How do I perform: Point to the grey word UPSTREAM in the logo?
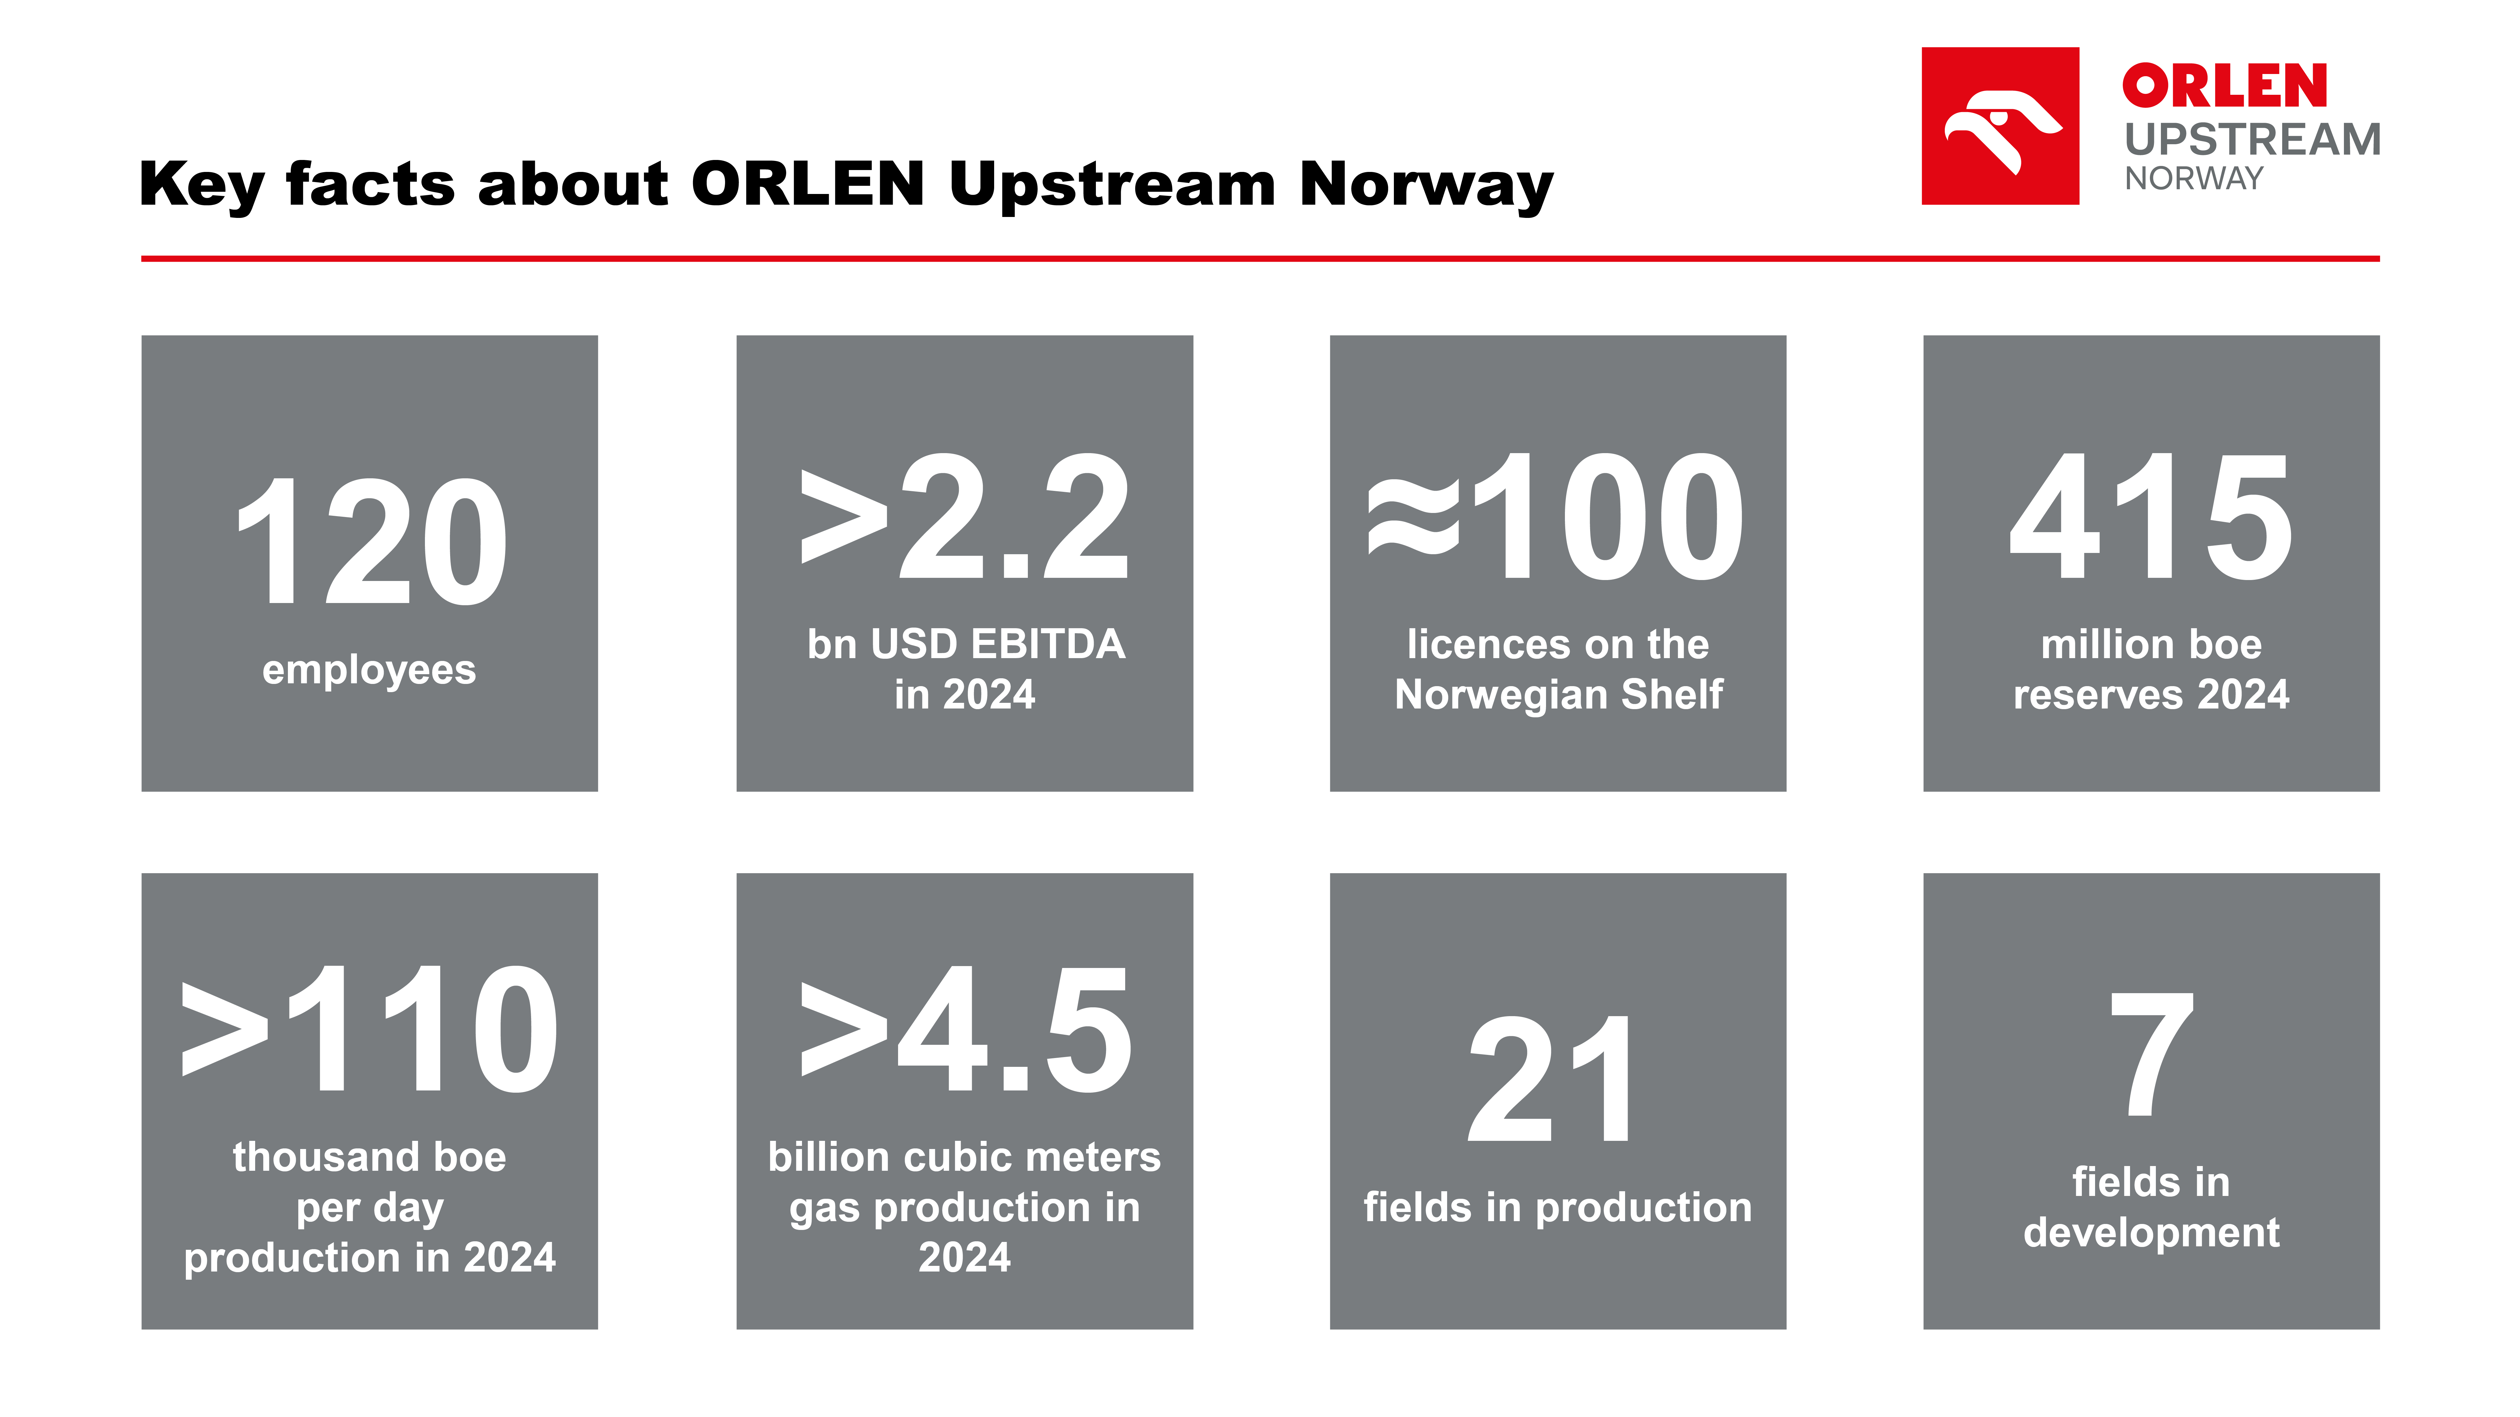(2252, 140)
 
